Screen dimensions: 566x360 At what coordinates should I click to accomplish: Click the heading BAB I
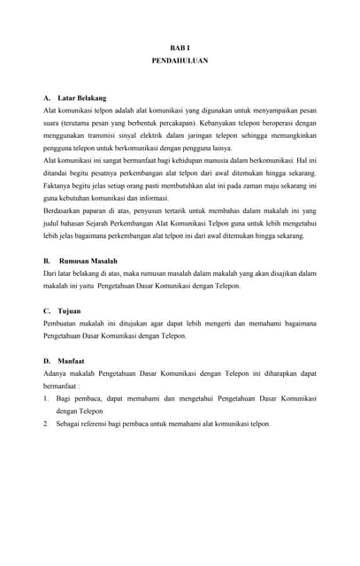tap(180, 47)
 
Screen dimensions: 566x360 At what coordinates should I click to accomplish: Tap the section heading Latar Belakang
tap(81, 97)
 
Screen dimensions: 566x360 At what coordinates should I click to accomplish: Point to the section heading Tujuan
tap(68, 312)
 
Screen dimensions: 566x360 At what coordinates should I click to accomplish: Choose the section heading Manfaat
tap(72, 362)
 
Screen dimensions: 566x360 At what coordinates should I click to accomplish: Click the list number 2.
tap(45, 424)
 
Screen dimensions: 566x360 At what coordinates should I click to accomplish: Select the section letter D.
tap(46, 362)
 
